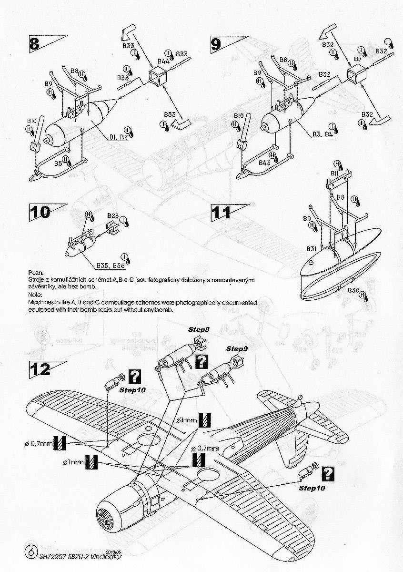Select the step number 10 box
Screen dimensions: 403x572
coord(40,212)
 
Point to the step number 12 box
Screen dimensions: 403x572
coord(40,368)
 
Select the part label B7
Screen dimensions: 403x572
coord(358,59)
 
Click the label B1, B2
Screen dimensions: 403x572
coord(117,137)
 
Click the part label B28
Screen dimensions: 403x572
coord(112,215)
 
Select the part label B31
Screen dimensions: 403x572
coord(312,249)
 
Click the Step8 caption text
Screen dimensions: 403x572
coord(196,330)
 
